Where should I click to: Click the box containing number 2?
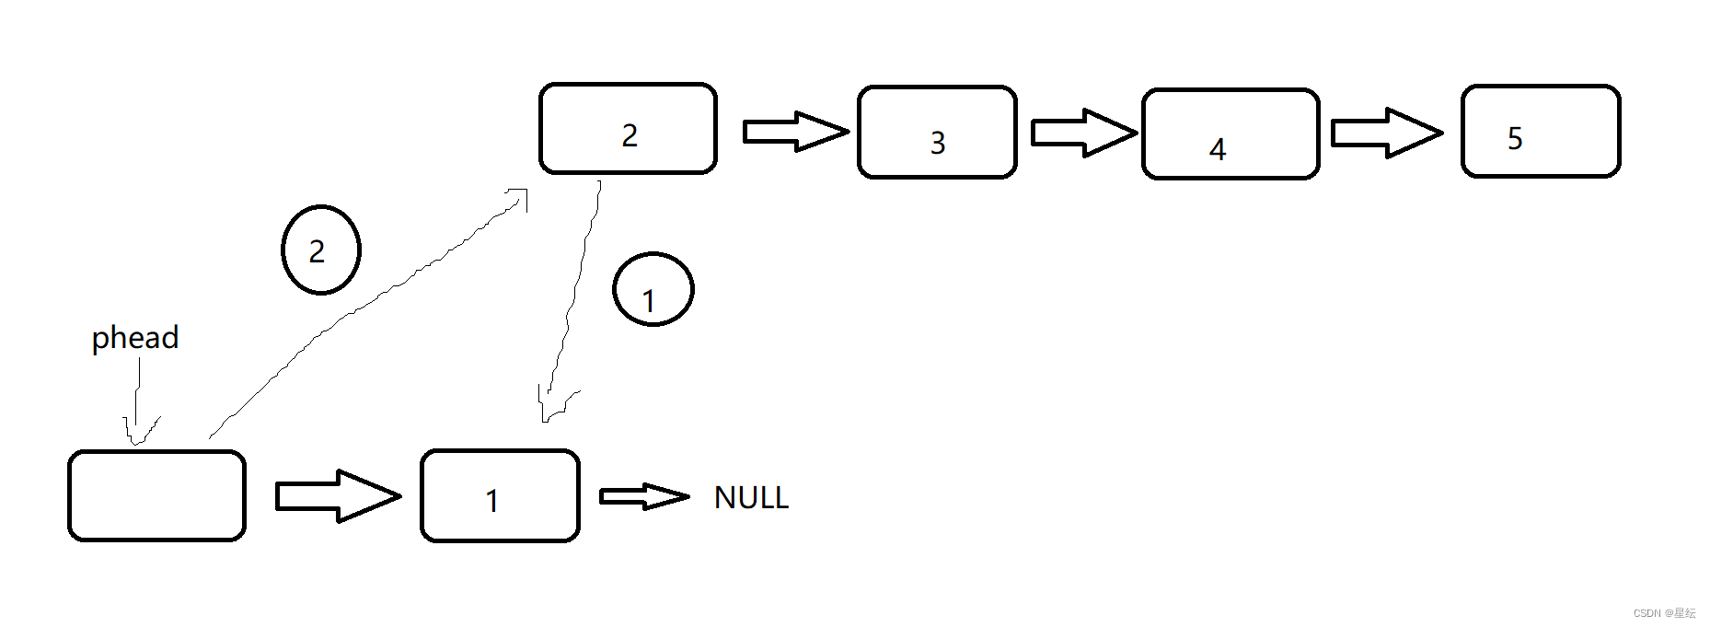coord(628,129)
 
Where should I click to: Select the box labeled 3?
coord(937,132)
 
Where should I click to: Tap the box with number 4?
coord(1231,134)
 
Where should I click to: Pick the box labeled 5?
coord(1541,131)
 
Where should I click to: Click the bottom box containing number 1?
coord(500,495)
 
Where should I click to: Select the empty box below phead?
coord(156,495)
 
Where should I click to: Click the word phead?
coord(135,338)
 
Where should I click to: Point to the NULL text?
coord(751,498)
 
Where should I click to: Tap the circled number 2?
coord(320,250)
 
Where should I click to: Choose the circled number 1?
coord(653,290)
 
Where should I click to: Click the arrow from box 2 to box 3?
coord(795,132)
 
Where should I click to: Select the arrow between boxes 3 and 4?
coord(1083,133)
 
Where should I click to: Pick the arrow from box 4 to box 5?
coord(1385,133)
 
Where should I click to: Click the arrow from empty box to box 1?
coord(338,496)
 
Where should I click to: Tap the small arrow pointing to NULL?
coord(643,497)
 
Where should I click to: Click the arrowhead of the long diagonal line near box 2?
coord(519,197)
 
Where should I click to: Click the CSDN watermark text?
coord(1664,613)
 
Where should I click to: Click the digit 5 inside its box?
coord(1515,138)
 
